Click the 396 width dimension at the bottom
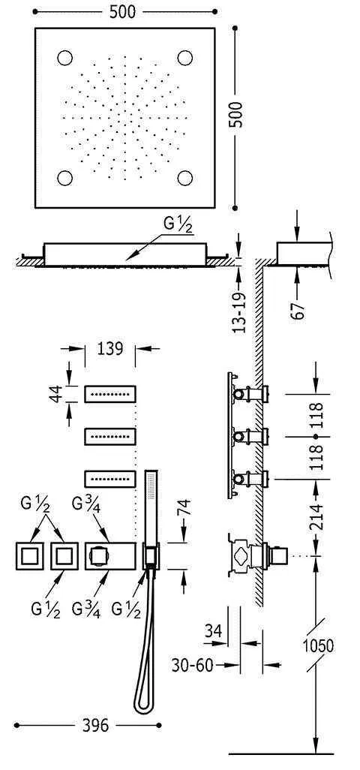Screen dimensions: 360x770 click(95, 725)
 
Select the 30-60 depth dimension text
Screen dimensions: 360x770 click(192, 665)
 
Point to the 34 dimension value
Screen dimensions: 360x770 click(212, 630)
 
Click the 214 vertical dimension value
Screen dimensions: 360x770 click(317, 516)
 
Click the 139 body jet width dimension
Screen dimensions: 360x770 click(109, 349)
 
